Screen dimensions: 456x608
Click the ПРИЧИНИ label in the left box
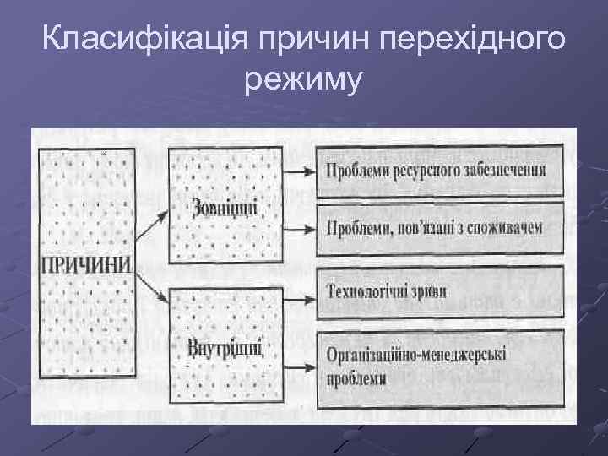pos(86,263)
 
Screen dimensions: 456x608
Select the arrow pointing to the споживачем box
pos(298,228)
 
